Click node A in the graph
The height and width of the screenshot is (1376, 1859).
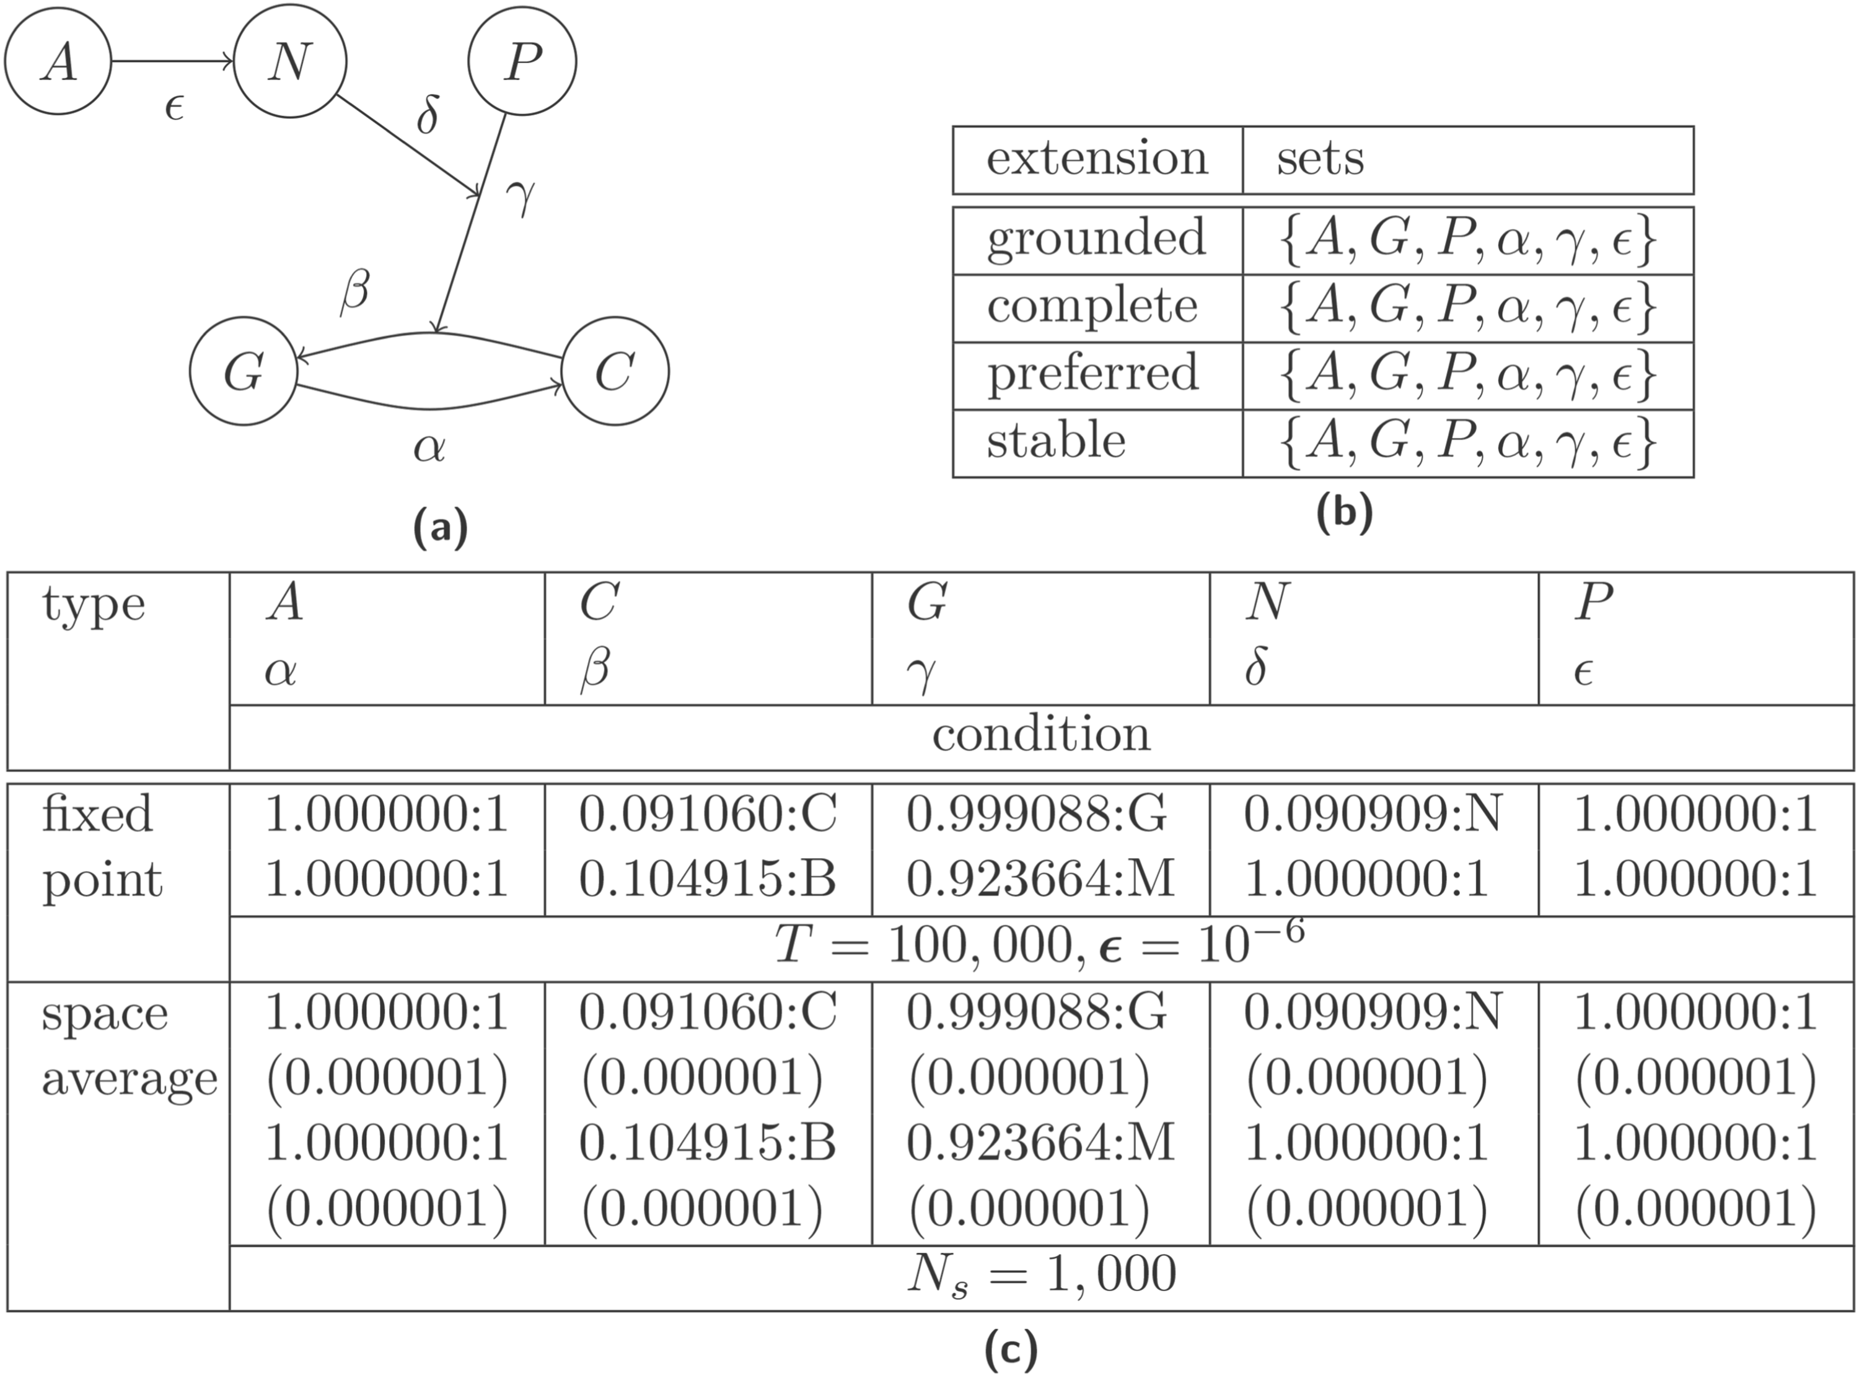58,61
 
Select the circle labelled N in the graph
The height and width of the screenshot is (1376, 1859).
290,61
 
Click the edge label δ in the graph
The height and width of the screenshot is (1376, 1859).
428,115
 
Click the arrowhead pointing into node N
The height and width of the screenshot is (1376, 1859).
227,61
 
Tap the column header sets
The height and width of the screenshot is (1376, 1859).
1320,158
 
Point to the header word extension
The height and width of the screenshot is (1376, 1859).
1097,158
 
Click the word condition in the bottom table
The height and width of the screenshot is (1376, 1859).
1041,735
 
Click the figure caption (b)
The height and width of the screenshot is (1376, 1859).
1343,513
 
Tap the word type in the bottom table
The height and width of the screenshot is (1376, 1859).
94,605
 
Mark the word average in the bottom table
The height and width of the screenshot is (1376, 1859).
129,1079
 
